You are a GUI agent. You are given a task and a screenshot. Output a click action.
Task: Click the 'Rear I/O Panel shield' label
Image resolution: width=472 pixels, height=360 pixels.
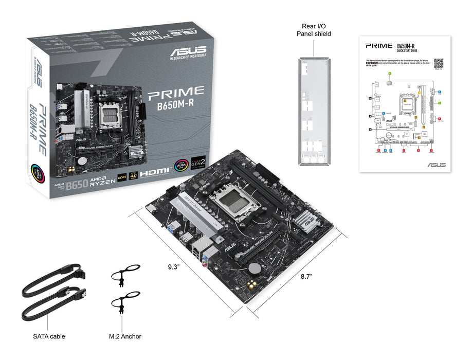314,29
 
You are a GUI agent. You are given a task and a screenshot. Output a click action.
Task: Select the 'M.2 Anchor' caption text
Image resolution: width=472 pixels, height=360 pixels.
125,336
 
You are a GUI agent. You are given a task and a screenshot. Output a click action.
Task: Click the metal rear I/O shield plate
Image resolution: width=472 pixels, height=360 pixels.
314,111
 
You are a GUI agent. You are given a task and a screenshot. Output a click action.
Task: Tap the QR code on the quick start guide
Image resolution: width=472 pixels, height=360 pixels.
438,63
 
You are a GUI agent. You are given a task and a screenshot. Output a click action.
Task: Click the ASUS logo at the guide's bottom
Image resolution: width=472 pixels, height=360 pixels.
436,165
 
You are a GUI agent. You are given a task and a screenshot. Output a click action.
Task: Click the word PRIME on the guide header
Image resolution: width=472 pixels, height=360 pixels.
379,45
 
